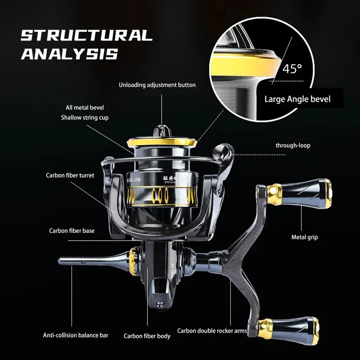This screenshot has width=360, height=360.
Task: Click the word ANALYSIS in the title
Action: point(69,54)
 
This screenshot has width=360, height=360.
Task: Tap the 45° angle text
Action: point(292,69)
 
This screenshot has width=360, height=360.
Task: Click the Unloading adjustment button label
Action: point(157,85)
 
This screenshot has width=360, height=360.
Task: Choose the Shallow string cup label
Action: point(85,117)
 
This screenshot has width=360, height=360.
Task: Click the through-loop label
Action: point(292,145)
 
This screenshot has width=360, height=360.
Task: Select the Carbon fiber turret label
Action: point(70,175)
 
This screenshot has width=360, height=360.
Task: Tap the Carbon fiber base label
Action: point(72,231)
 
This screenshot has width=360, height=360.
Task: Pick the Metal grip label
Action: point(304,237)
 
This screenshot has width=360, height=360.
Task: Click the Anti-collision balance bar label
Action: point(76,335)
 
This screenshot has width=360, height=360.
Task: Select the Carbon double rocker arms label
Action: point(212,331)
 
